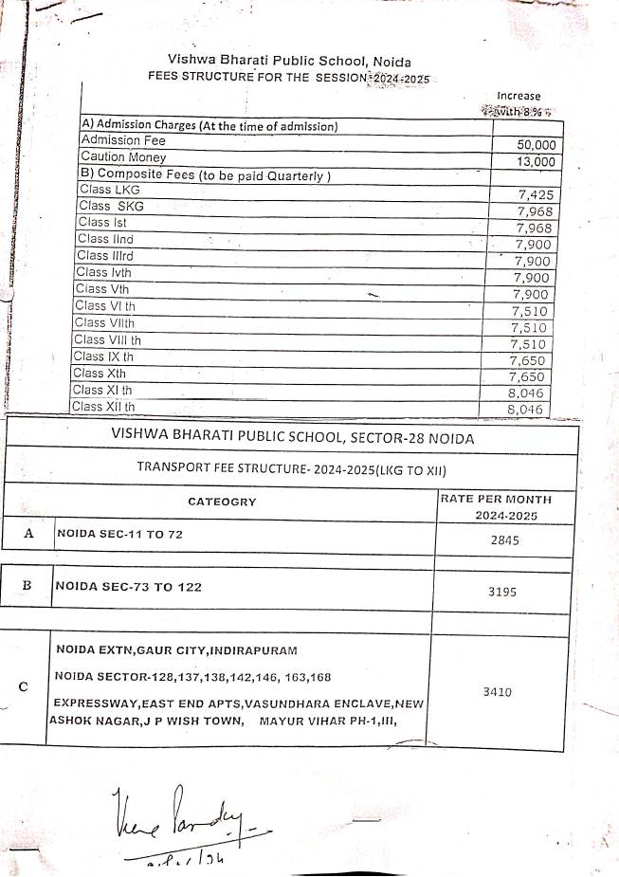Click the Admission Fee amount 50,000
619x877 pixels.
tap(536, 145)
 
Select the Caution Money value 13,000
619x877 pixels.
tap(536, 162)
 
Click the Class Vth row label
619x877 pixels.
tap(101, 289)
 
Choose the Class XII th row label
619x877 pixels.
tap(103, 407)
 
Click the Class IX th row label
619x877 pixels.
tap(103, 356)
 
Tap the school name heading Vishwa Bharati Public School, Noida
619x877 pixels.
tap(289, 60)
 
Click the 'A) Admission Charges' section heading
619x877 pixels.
tap(210, 126)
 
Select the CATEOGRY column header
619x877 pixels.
tap(222, 502)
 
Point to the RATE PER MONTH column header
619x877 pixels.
tap(495, 499)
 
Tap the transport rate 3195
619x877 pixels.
tap(501, 591)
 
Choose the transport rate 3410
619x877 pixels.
tap(497, 692)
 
